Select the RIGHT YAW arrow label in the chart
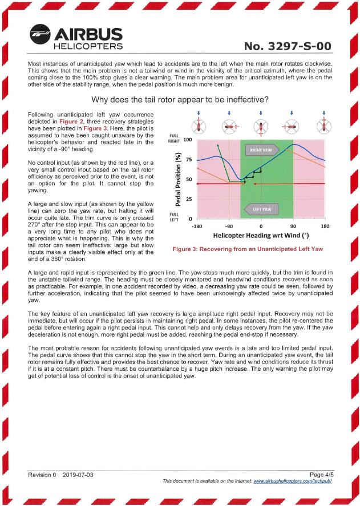(x=261, y=150)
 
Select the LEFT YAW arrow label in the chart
(x=261, y=209)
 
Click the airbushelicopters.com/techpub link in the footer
(x=293, y=481)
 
